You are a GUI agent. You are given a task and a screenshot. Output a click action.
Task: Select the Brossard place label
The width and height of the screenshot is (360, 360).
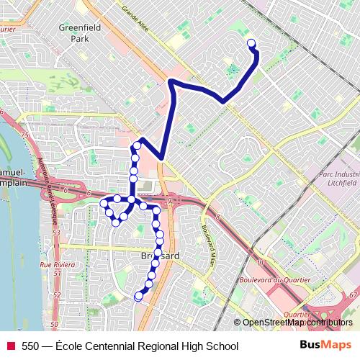pyautogui.click(x=156, y=256)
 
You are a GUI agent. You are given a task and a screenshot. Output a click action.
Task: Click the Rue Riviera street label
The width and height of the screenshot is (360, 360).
pyautogui.click(x=56, y=265)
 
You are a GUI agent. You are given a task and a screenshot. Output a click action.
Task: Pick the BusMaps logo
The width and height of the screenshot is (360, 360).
pyautogui.click(x=326, y=346)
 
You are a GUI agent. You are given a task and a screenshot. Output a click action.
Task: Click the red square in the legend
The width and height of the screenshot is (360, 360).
pyautogui.click(x=10, y=346)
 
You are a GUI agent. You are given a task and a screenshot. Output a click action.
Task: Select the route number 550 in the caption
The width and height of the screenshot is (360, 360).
pyautogui.click(x=30, y=346)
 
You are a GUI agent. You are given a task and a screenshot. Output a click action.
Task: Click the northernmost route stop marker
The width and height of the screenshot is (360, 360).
pyautogui.click(x=251, y=44)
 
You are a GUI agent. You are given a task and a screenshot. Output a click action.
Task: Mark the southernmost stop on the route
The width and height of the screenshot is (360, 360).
pyautogui.click(x=139, y=295)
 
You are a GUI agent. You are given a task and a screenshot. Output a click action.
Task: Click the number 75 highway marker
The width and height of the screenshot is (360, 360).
pyautogui.click(x=24, y=135)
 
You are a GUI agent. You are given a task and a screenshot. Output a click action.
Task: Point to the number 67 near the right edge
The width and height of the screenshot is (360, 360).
pyautogui.click(x=352, y=295)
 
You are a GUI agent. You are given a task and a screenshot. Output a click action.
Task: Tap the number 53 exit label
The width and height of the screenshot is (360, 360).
pyautogui.click(x=55, y=233)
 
